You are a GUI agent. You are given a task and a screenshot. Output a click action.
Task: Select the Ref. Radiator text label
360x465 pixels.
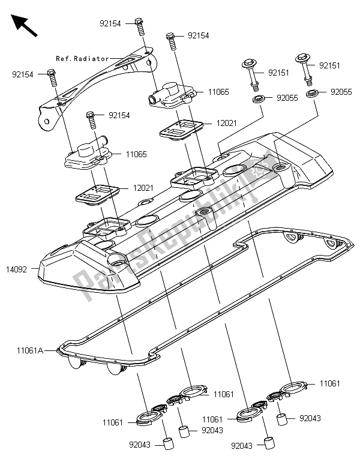pos(83,59)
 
